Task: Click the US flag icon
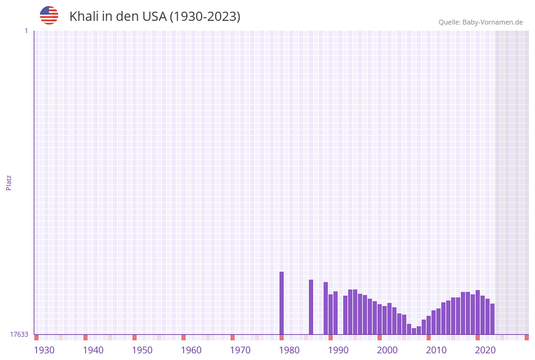(x=49, y=15)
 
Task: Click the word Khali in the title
(x=83, y=17)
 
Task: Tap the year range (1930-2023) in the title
(x=205, y=17)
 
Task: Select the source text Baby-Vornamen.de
(x=493, y=22)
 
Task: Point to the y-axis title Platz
(x=9, y=182)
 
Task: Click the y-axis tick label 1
(x=26, y=31)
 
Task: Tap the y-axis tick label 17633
(x=19, y=334)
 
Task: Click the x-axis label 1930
(x=44, y=350)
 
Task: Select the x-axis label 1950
(x=142, y=350)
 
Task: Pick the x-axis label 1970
(x=240, y=350)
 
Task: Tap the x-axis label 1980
(x=289, y=350)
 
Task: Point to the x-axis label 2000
(x=387, y=350)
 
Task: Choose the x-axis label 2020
(x=485, y=350)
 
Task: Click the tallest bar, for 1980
(x=282, y=303)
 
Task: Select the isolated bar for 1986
(x=311, y=307)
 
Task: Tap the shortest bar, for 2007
(x=414, y=331)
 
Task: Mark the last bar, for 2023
(x=493, y=319)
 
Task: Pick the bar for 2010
(x=429, y=325)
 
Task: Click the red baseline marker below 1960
(x=183, y=337)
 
